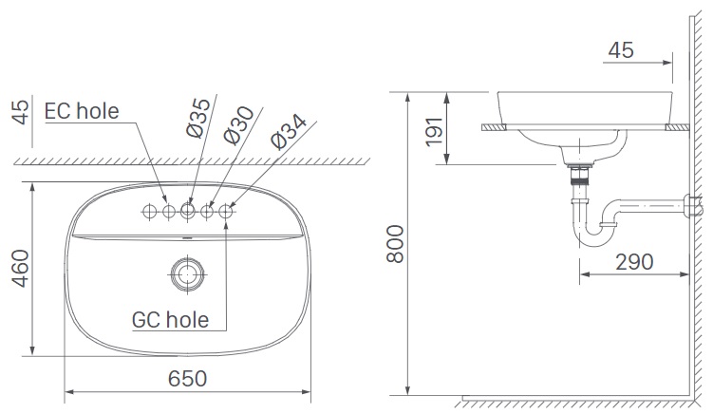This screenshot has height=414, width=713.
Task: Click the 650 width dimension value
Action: (188, 378)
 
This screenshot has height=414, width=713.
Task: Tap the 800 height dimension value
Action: (395, 246)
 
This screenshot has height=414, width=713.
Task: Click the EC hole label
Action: (82, 111)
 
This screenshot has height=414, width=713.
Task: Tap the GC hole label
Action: (172, 319)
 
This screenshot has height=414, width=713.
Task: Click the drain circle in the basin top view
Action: (187, 274)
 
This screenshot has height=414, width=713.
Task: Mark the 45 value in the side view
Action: (621, 50)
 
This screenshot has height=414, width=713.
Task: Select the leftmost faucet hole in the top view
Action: (149, 211)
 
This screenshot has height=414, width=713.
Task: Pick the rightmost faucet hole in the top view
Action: (226, 211)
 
